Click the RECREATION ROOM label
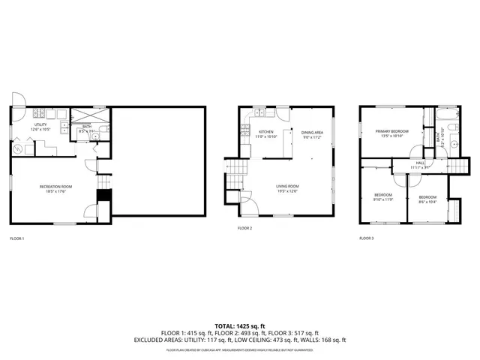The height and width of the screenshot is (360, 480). [56, 187]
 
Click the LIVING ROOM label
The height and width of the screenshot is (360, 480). [287, 188]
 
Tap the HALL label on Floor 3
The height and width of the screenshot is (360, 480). [419, 164]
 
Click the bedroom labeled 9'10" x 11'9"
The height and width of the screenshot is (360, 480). [383, 197]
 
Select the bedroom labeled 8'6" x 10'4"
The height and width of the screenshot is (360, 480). [427, 197]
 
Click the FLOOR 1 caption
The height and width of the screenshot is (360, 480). [17, 238]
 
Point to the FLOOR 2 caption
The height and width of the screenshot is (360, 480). [245, 228]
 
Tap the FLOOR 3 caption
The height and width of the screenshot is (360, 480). [366, 238]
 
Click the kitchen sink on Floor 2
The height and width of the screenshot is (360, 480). [260, 113]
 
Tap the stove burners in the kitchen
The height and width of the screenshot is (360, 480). [244, 133]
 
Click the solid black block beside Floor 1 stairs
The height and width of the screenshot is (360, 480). [104, 196]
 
